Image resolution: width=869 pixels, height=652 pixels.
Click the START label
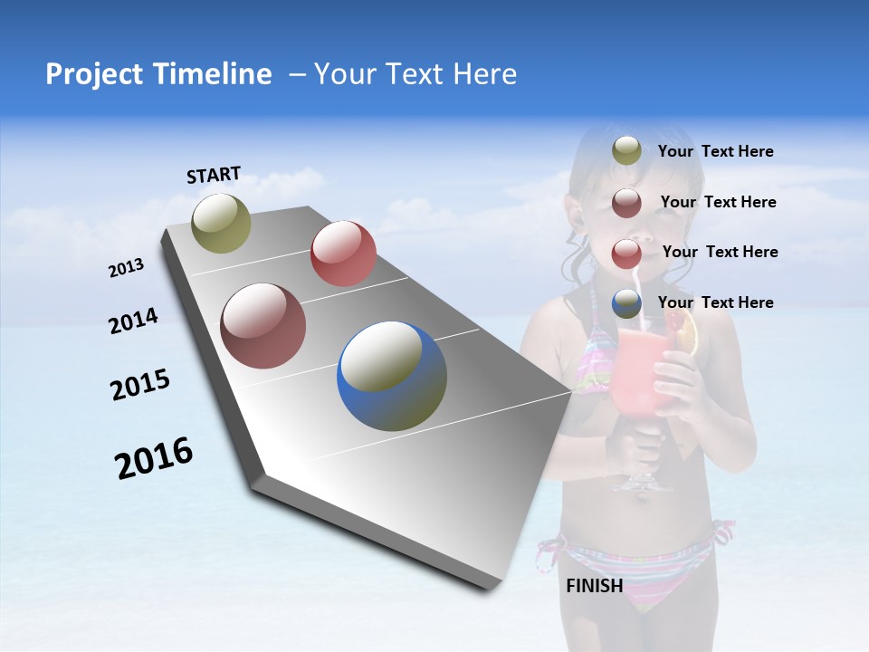tap(214, 175)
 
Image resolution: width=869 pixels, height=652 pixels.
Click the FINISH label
tap(594, 586)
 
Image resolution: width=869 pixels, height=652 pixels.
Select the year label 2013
tap(126, 268)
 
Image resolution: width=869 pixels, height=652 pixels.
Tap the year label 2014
tap(133, 321)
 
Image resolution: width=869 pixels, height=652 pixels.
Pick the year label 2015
tap(140, 384)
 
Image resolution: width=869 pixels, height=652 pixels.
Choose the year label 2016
tap(154, 458)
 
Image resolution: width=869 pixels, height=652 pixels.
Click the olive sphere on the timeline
tap(221, 223)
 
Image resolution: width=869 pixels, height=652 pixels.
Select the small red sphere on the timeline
tap(343, 254)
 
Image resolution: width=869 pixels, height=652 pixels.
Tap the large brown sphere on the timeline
tap(263, 326)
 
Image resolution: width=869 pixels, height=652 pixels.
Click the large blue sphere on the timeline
tap(392, 376)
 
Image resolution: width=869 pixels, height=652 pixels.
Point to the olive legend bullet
tap(626, 150)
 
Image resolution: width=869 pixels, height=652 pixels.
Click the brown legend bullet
tap(626, 202)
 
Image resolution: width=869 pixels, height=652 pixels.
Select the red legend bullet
tap(626, 253)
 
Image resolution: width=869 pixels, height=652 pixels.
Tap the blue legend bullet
tap(626, 303)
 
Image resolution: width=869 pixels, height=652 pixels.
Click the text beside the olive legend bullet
tap(715, 151)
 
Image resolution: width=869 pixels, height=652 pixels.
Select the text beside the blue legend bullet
tap(715, 302)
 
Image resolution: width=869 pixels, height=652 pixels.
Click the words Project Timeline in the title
tap(158, 74)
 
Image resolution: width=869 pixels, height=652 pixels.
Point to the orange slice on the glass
tap(686, 333)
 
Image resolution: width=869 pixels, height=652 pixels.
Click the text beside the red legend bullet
tap(720, 252)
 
